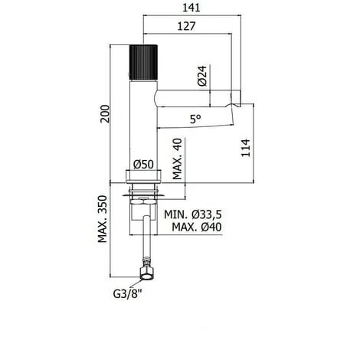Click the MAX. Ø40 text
click(x=198, y=228)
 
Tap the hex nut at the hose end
click(x=143, y=273)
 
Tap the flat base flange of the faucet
click(x=143, y=181)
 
